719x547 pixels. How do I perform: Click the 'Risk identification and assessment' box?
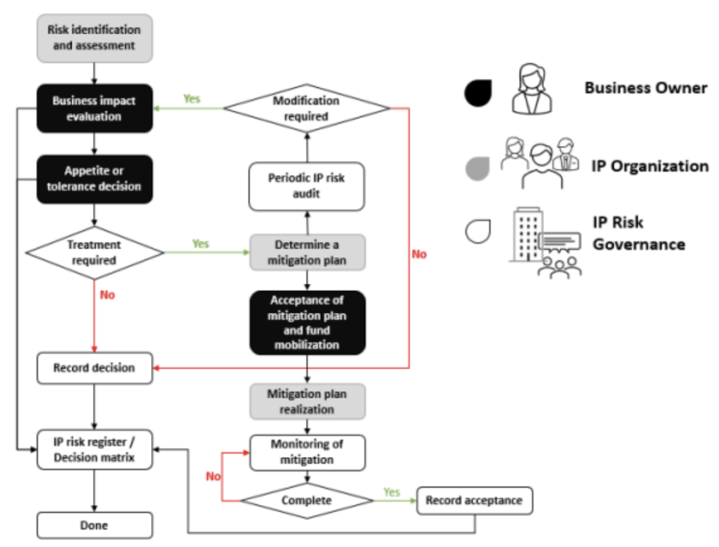94,38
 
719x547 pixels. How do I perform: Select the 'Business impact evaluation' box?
94,109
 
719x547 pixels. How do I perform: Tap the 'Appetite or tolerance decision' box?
94,179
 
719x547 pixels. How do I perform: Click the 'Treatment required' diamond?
94,252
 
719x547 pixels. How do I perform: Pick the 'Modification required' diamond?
306,109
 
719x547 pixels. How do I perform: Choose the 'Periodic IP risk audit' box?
306,186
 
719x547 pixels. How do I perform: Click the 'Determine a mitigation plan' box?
306,252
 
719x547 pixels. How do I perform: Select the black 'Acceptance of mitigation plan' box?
306,323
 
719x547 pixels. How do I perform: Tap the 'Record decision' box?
94,368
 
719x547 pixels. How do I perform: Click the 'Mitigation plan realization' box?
306,401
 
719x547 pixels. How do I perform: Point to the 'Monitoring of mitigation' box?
306,452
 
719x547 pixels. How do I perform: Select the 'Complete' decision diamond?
306,501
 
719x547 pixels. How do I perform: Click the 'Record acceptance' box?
475,501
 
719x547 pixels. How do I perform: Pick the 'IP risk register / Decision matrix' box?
94,450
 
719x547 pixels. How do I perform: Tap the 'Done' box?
94,525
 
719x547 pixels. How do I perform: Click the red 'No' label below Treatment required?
107,295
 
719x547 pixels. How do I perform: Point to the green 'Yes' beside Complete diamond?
392,492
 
